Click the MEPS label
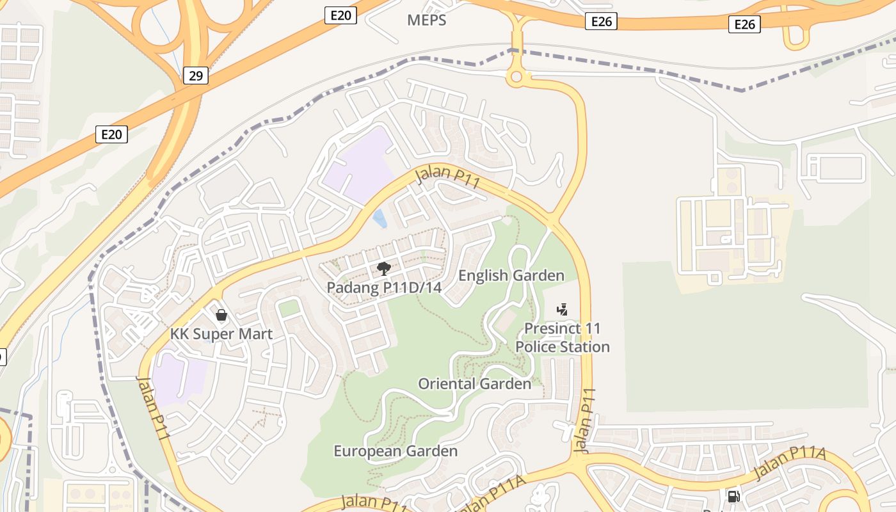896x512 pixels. coord(426,20)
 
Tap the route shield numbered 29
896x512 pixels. coord(196,76)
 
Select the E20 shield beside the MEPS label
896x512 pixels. coord(340,15)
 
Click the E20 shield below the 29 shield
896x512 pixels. coord(111,134)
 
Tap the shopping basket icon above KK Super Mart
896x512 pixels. coord(221,315)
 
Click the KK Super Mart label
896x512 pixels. coord(221,333)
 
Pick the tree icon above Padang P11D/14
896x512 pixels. coord(383,268)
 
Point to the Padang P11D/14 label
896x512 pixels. coord(384,287)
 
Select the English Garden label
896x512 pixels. coord(511,276)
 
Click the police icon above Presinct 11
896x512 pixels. coord(562,310)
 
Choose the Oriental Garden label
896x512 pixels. coord(474,384)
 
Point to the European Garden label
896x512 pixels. coord(396,451)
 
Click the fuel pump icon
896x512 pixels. coord(733,496)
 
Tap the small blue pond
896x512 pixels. coord(380,219)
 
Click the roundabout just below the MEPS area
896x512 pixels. coord(516,77)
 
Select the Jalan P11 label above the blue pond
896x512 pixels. coord(448,177)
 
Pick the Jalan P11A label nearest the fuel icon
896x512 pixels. coord(790,464)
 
